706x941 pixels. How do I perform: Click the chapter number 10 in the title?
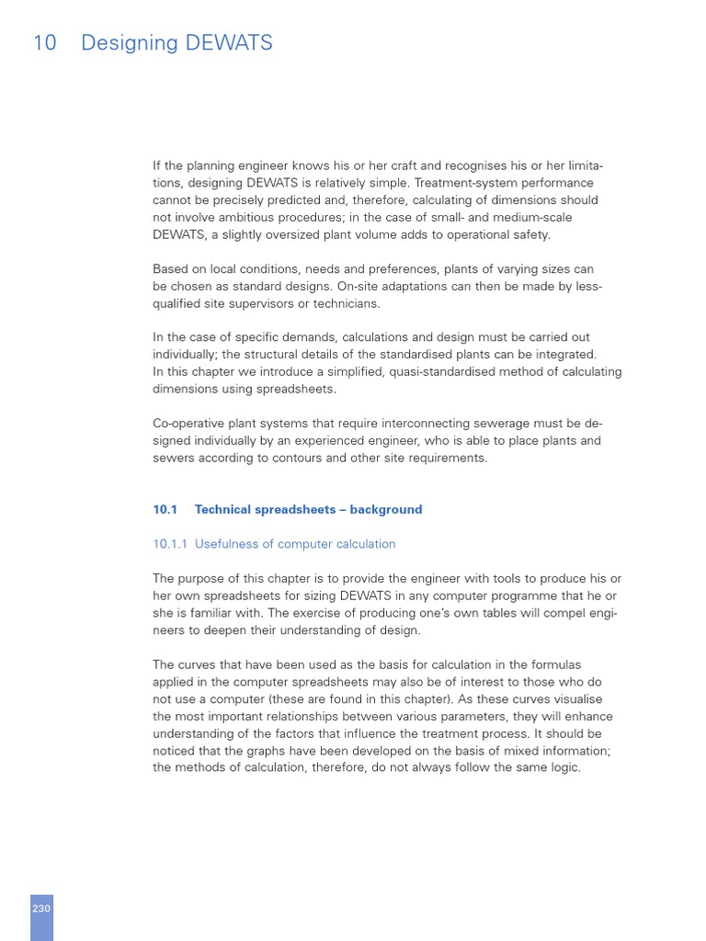pyautogui.click(x=44, y=43)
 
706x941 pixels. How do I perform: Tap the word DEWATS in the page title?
pyautogui.click(x=230, y=43)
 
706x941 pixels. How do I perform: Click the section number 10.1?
pyautogui.click(x=165, y=509)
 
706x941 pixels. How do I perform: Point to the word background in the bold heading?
pyautogui.click(x=387, y=509)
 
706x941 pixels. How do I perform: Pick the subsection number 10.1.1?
pyautogui.click(x=170, y=544)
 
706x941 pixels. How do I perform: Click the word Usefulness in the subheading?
pyautogui.click(x=226, y=544)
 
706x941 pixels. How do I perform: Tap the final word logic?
pyautogui.click(x=562, y=767)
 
